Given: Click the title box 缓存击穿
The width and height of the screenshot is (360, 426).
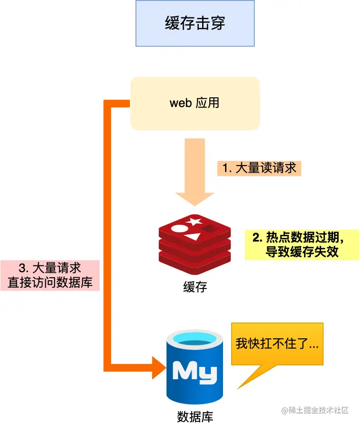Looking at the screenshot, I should tap(195, 23).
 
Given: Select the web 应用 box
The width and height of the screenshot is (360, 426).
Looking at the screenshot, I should tap(195, 103).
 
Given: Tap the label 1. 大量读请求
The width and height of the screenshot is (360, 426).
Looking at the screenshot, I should tap(259, 168).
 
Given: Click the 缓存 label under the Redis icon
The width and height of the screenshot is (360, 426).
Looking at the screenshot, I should tap(195, 287).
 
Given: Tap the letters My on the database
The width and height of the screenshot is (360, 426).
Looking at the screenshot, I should tap(195, 370).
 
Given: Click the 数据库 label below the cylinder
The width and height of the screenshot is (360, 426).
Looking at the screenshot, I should tap(195, 416).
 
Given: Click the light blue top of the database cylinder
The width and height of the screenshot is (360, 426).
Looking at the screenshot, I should tap(196, 338).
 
